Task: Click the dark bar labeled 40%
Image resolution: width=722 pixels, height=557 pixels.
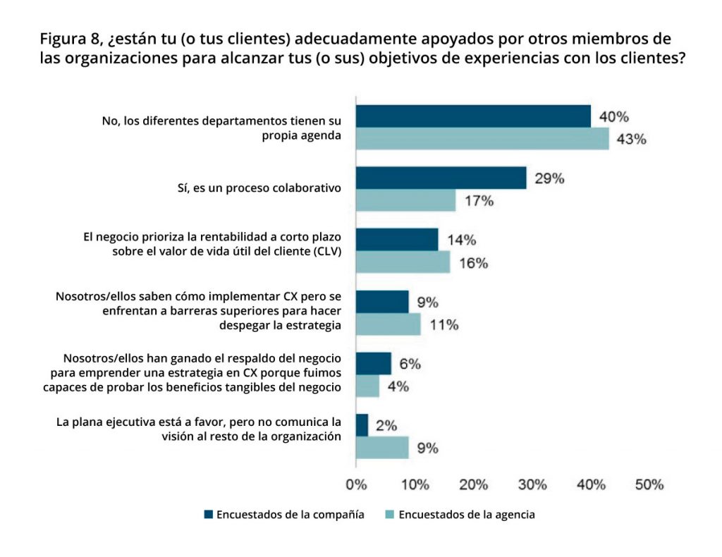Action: click(473, 116)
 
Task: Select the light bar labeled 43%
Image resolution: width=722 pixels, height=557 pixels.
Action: click(482, 139)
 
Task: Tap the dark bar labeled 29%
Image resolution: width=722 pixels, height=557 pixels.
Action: click(441, 178)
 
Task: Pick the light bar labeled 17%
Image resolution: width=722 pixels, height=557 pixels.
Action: click(406, 201)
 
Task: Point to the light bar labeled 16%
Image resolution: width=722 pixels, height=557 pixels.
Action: click(403, 262)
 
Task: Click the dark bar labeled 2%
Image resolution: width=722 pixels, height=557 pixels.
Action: click(362, 425)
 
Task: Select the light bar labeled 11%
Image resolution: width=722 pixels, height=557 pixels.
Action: click(388, 324)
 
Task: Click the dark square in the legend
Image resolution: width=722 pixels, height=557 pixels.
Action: click(208, 515)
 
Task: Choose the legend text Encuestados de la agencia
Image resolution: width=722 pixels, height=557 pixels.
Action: click(467, 515)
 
